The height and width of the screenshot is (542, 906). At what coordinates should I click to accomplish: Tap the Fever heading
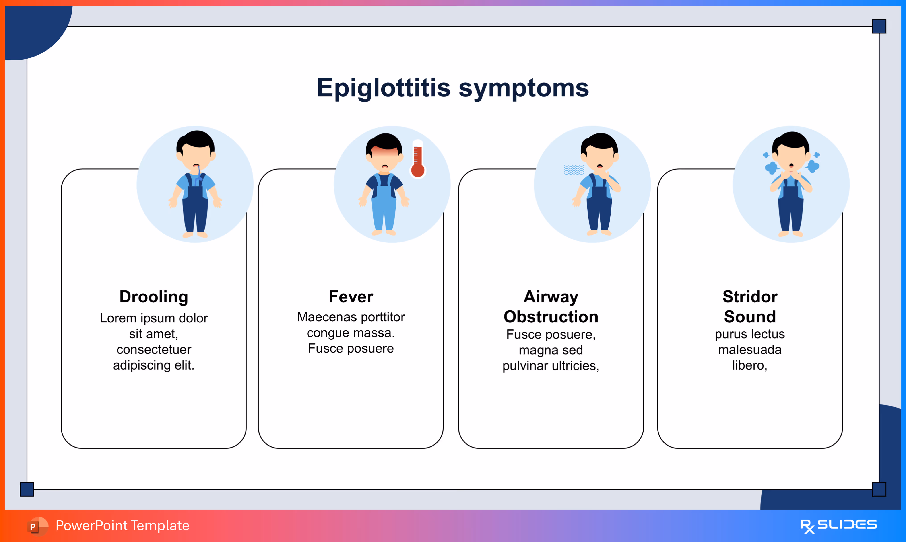click(x=351, y=297)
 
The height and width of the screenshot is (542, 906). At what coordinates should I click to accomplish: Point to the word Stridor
click(x=750, y=297)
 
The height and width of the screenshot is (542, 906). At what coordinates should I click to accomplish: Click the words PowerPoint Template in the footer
click(x=122, y=526)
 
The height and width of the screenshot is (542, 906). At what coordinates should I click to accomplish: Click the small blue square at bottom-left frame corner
click(x=27, y=489)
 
